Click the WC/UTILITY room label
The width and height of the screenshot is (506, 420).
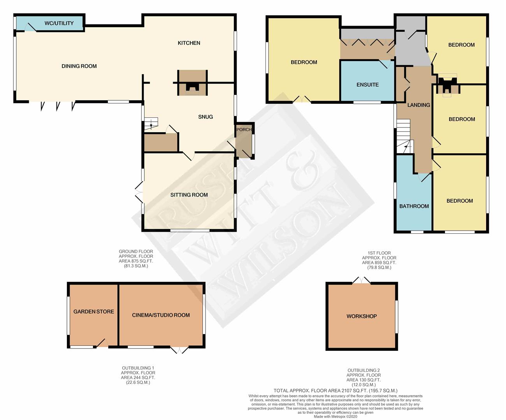click(59, 23)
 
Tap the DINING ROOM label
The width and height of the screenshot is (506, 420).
click(79, 66)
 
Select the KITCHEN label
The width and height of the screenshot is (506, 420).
click(189, 43)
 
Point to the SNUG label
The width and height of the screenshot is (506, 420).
click(206, 117)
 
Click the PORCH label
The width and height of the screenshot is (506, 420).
click(244, 129)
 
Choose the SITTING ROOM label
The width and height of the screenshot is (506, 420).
click(189, 195)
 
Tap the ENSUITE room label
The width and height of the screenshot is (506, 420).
click(367, 85)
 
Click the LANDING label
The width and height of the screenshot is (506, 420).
click(418, 105)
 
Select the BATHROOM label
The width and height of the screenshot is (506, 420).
click(414, 206)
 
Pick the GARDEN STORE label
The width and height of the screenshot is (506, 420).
click(93, 311)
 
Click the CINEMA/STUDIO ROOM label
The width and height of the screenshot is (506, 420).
click(161, 315)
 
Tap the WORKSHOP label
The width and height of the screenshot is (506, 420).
click(362, 316)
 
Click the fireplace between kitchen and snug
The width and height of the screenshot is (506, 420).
click(192, 83)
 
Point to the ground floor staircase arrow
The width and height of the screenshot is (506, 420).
click(151, 124)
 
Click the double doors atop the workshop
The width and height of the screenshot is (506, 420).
click(361, 280)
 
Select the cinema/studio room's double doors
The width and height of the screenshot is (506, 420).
click(179, 350)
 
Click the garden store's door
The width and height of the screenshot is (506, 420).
click(102, 343)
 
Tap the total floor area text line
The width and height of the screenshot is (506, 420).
click(336, 390)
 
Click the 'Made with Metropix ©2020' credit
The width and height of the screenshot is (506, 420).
click(336, 416)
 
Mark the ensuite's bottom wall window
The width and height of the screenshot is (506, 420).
click(367, 102)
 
